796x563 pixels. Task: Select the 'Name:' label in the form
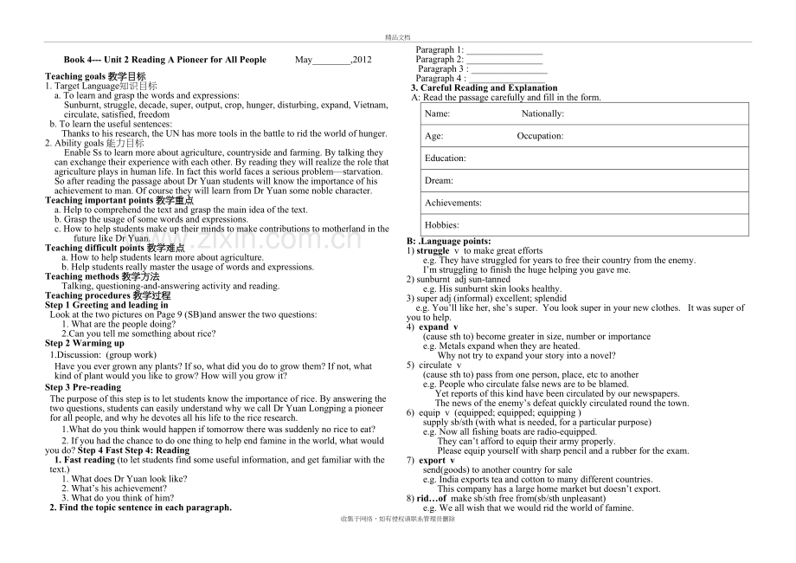coord(437,113)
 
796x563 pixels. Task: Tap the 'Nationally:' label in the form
coord(542,113)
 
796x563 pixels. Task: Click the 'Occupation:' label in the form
coord(540,136)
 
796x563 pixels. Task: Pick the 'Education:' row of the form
coord(446,159)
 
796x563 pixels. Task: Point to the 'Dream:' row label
coord(439,181)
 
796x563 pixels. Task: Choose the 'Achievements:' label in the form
coord(453,203)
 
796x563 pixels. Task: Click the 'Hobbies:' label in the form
coord(441,225)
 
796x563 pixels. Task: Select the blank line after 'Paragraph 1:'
coord(504,50)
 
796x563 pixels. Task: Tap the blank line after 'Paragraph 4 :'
coord(508,78)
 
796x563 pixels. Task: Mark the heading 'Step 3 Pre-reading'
coord(83,387)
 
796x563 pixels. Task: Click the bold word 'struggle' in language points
coord(433,250)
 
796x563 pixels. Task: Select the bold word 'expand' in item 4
coord(433,327)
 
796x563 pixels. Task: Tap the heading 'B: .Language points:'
coord(449,241)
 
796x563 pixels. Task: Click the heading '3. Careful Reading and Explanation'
coord(484,87)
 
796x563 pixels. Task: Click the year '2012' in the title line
coord(362,60)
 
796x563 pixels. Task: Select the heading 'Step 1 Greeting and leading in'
coord(106,305)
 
